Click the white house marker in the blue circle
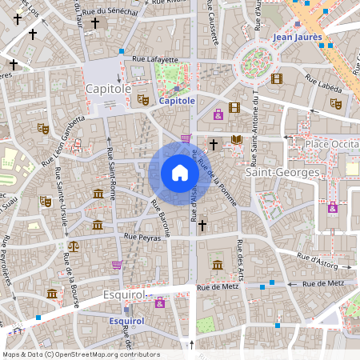point(179,173)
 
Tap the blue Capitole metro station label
point(177,102)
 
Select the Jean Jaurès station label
point(297,37)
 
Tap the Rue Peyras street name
point(142,237)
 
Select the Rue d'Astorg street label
point(316,258)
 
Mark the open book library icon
point(236,140)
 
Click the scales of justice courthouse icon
point(74,247)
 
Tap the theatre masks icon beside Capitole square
point(142,99)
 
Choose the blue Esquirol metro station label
point(126,321)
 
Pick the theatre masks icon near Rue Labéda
point(336,103)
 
